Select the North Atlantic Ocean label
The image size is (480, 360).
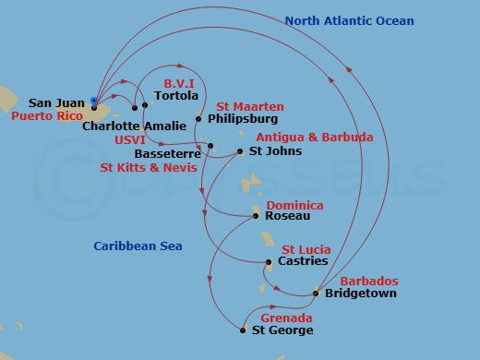coord(349,21)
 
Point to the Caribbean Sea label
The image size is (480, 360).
coord(138,246)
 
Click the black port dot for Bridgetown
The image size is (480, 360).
coord(316,294)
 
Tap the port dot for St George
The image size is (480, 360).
coord(243,330)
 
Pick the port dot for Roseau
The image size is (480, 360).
coord(256,217)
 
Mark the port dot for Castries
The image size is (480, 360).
coord(269,262)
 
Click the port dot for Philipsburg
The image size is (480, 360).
coord(198,119)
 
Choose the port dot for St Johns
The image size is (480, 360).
coord(241,151)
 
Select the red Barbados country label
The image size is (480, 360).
coord(369,281)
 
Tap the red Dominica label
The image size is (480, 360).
coord(294,205)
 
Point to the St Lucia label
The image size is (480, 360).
coord(304,249)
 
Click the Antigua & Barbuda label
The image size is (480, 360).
coord(314,138)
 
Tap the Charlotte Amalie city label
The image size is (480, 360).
coord(124,126)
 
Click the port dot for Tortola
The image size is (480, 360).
coord(145,105)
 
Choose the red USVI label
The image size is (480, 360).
coord(129,139)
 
